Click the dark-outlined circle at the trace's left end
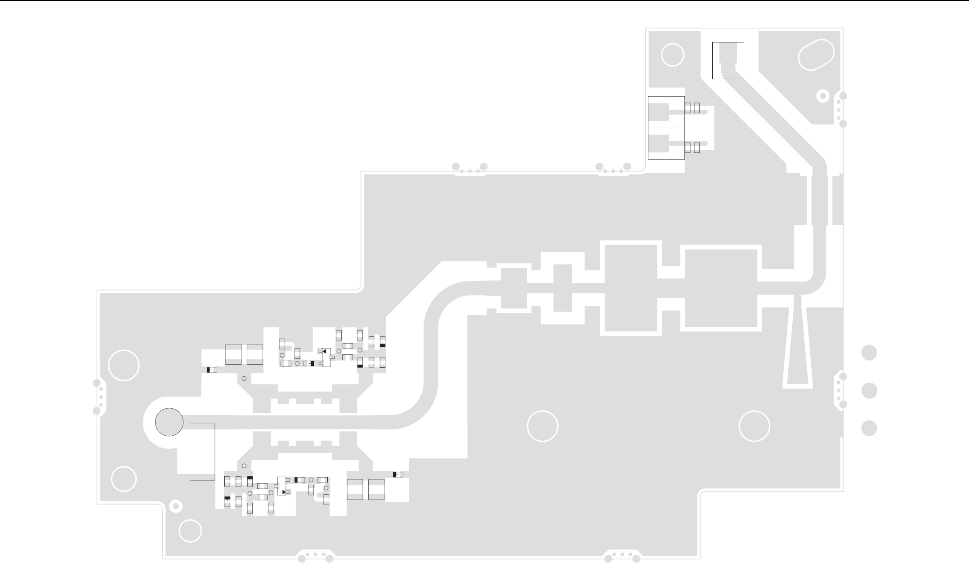pyautogui.click(x=169, y=422)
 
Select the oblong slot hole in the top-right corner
pyautogui.click(x=816, y=55)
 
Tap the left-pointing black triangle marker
pyautogui.click(x=324, y=351)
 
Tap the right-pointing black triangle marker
pyautogui.click(x=284, y=492)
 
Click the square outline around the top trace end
pyautogui.click(x=728, y=60)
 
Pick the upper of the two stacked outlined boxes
pyautogui.click(x=666, y=112)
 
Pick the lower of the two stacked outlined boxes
pyautogui.click(x=666, y=143)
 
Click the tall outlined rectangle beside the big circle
pyautogui.click(x=202, y=451)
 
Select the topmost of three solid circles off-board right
pyautogui.click(x=869, y=353)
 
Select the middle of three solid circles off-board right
pyautogui.click(x=869, y=390)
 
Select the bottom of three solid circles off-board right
pyautogui.click(x=869, y=428)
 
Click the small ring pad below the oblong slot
pyautogui.click(x=823, y=96)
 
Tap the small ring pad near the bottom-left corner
pyautogui.click(x=177, y=507)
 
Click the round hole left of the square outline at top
pyautogui.click(x=673, y=55)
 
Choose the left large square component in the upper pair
pyautogui.click(x=233, y=354)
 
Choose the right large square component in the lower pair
pyautogui.click(x=376, y=490)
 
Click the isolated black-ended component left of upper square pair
pyautogui.click(x=212, y=370)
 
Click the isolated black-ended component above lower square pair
pyautogui.click(x=398, y=474)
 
